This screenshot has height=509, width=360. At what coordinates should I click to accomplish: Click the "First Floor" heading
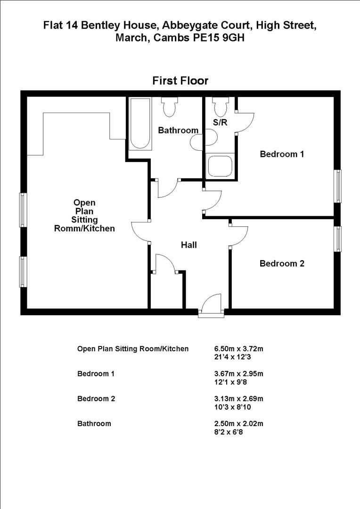[180, 81]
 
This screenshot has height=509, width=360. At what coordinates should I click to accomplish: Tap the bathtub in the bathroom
[140, 123]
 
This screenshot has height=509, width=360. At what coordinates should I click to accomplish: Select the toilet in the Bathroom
[169, 107]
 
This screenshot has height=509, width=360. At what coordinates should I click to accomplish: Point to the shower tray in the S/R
[220, 165]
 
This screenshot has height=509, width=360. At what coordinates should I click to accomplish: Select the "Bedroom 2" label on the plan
[282, 263]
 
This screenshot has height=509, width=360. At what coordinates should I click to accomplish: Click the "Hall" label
[189, 245]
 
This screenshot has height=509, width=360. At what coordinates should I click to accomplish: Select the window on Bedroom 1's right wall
[338, 186]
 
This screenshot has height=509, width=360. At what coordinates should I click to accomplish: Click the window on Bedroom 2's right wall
[338, 239]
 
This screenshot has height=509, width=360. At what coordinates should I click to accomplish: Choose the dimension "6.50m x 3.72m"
[238, 349]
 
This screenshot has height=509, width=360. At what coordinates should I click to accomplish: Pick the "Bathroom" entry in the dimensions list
[94, 423]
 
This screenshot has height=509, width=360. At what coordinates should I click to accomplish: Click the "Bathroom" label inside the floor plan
[178, 131]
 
